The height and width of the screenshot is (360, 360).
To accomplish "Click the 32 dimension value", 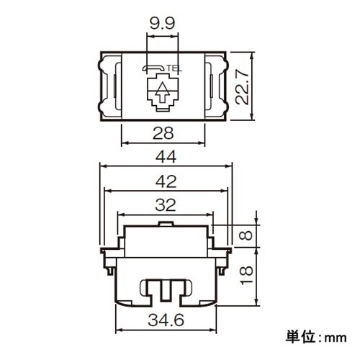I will [165, 206].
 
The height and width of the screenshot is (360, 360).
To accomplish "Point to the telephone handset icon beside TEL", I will [153, 69].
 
